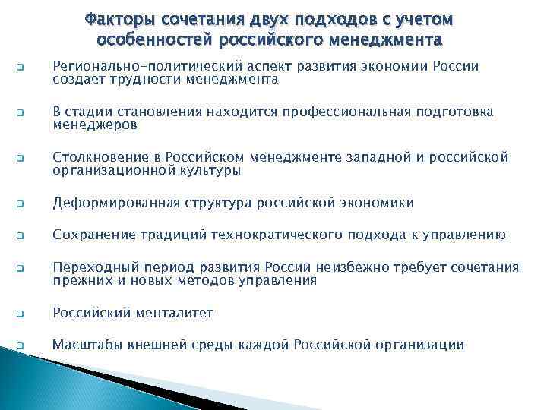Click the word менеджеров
coord(95,125)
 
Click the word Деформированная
coord(115,203)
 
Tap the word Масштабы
coord(81,345)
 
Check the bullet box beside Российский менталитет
coord(20,314)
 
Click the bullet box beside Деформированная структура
coord(20,204)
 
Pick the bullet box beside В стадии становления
coord(20,113)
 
